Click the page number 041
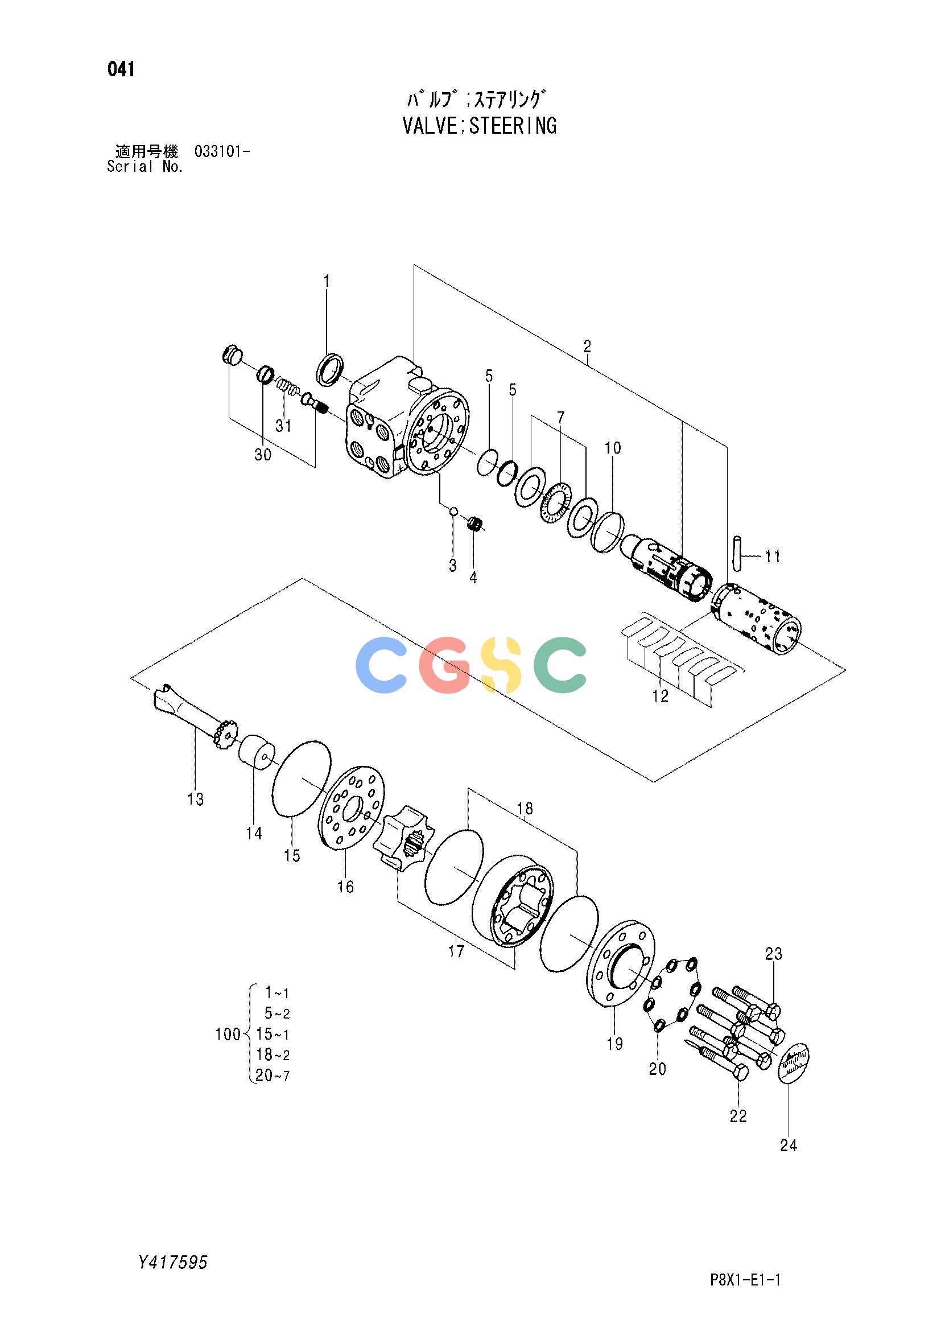[121, 69]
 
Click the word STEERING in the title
[513, 126]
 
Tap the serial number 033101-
[222, 153]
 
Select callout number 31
[283, 426]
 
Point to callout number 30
[263, 455]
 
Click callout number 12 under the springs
[661, 695]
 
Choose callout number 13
[196, 800]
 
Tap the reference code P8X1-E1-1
[745, 1276]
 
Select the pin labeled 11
[736, 554]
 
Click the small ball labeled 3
[454, 512]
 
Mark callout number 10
[613, 448]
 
